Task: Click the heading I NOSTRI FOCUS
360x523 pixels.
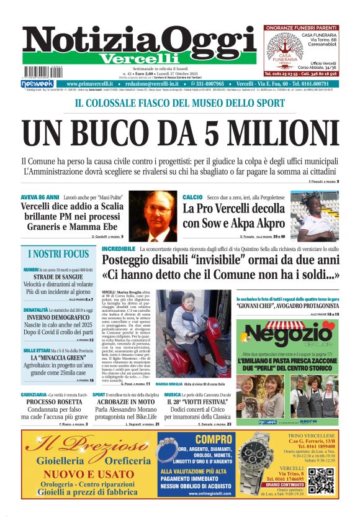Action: (58, 254)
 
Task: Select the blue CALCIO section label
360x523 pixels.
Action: (192, 197)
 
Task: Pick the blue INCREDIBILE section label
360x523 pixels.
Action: (117, 248)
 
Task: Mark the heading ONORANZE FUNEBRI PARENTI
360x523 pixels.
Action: (300, 28)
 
